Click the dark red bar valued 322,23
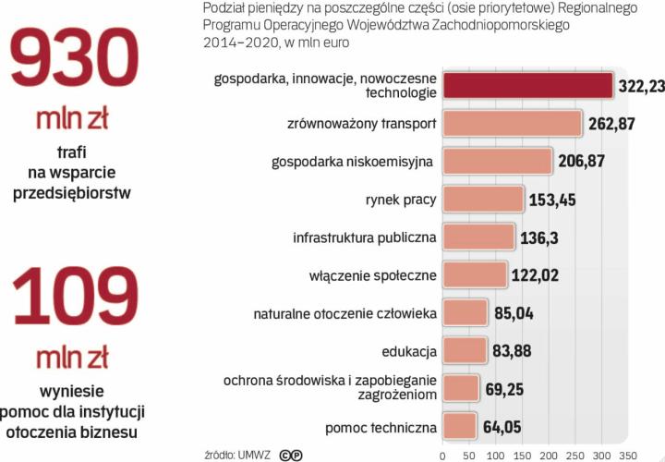point(527,85)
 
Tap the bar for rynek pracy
point(483,199)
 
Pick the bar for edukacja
point(465,350)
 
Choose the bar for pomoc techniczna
point(460,426)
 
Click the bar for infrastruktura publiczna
point(478,237)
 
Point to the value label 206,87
point(582,161)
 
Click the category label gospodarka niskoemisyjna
point(352,162)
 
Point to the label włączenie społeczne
point(372,275)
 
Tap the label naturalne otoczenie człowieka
point(345,313)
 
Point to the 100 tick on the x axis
point(496,455)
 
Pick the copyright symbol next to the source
point(290,454)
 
